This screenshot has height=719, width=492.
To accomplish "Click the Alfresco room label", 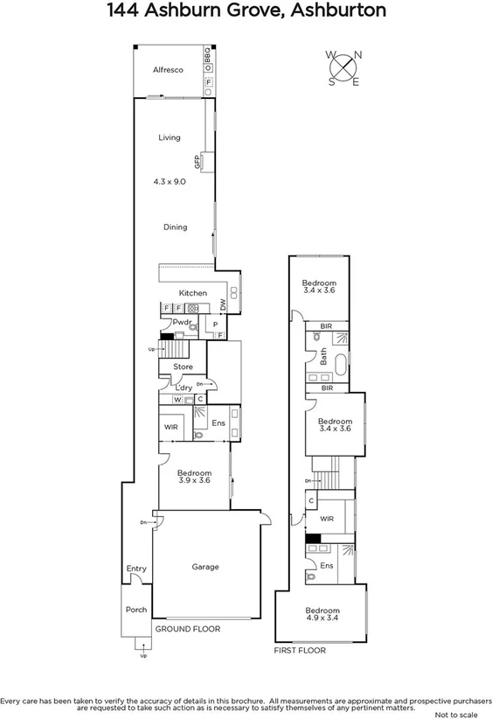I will coord(167,70).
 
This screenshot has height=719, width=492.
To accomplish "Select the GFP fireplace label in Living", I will coord(198,162).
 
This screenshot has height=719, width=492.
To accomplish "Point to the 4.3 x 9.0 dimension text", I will coord(170,181).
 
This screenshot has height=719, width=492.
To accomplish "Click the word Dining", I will coord(175,227).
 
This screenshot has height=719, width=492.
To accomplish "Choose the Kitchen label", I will coord(193,293).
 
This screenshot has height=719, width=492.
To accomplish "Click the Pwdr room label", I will coord(182,323).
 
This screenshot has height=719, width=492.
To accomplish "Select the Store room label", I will coord(183,366).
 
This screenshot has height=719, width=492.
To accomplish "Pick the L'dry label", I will coord(184,387).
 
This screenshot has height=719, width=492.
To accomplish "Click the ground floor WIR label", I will coord(171,428).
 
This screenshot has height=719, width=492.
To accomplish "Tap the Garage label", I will coord(205,567).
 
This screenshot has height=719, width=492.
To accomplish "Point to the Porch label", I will coord(135,610).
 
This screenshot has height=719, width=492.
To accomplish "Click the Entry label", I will coord(136,569).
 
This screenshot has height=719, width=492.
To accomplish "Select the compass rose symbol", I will coord(344,67).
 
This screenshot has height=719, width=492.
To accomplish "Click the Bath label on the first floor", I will coord(322,357).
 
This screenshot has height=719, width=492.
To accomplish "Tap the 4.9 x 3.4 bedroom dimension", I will coord(322,618).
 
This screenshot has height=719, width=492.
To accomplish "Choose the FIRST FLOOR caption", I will coord(299,651).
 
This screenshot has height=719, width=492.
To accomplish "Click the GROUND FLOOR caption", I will coord(187,629).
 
